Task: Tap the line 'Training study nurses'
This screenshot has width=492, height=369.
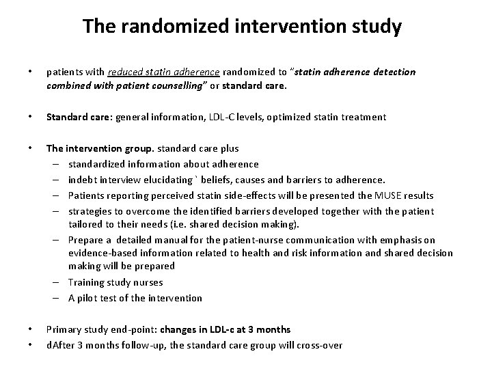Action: (x=115, y=282)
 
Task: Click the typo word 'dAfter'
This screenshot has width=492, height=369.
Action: (x=60, y=345)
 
